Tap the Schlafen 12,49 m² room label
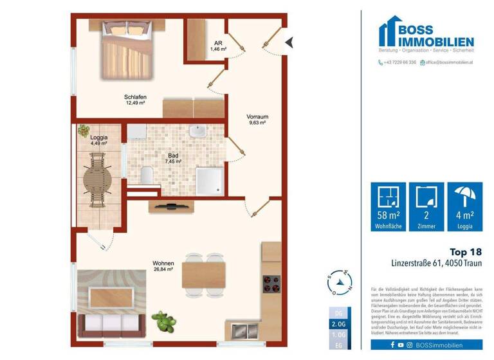[135, 100]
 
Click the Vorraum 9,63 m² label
[257, 120]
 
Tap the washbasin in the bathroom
[197, 132]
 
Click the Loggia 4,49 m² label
[98, 140]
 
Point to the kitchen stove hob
[270, 283]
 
